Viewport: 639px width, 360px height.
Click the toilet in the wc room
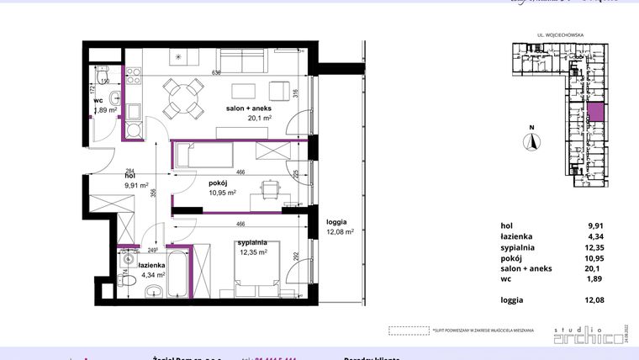(103, 78)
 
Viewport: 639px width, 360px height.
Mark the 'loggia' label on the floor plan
(339, 222)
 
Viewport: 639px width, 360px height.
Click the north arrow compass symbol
(531, 142)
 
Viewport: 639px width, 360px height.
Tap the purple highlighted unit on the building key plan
(594, 114)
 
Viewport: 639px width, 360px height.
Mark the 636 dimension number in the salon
(216, 72)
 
